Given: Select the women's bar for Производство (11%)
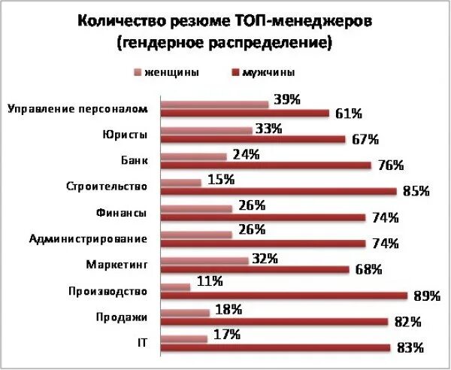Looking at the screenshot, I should tap(176, 287).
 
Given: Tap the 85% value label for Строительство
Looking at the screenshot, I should tap(416, 191).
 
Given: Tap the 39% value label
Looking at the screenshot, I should tap(287, 99).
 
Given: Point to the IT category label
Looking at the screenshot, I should tap(141, 343).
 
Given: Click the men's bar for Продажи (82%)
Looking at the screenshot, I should tap(275, 321).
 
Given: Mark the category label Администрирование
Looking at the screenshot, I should tap(88, 239).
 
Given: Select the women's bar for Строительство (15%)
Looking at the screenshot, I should tap(182, 182).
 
